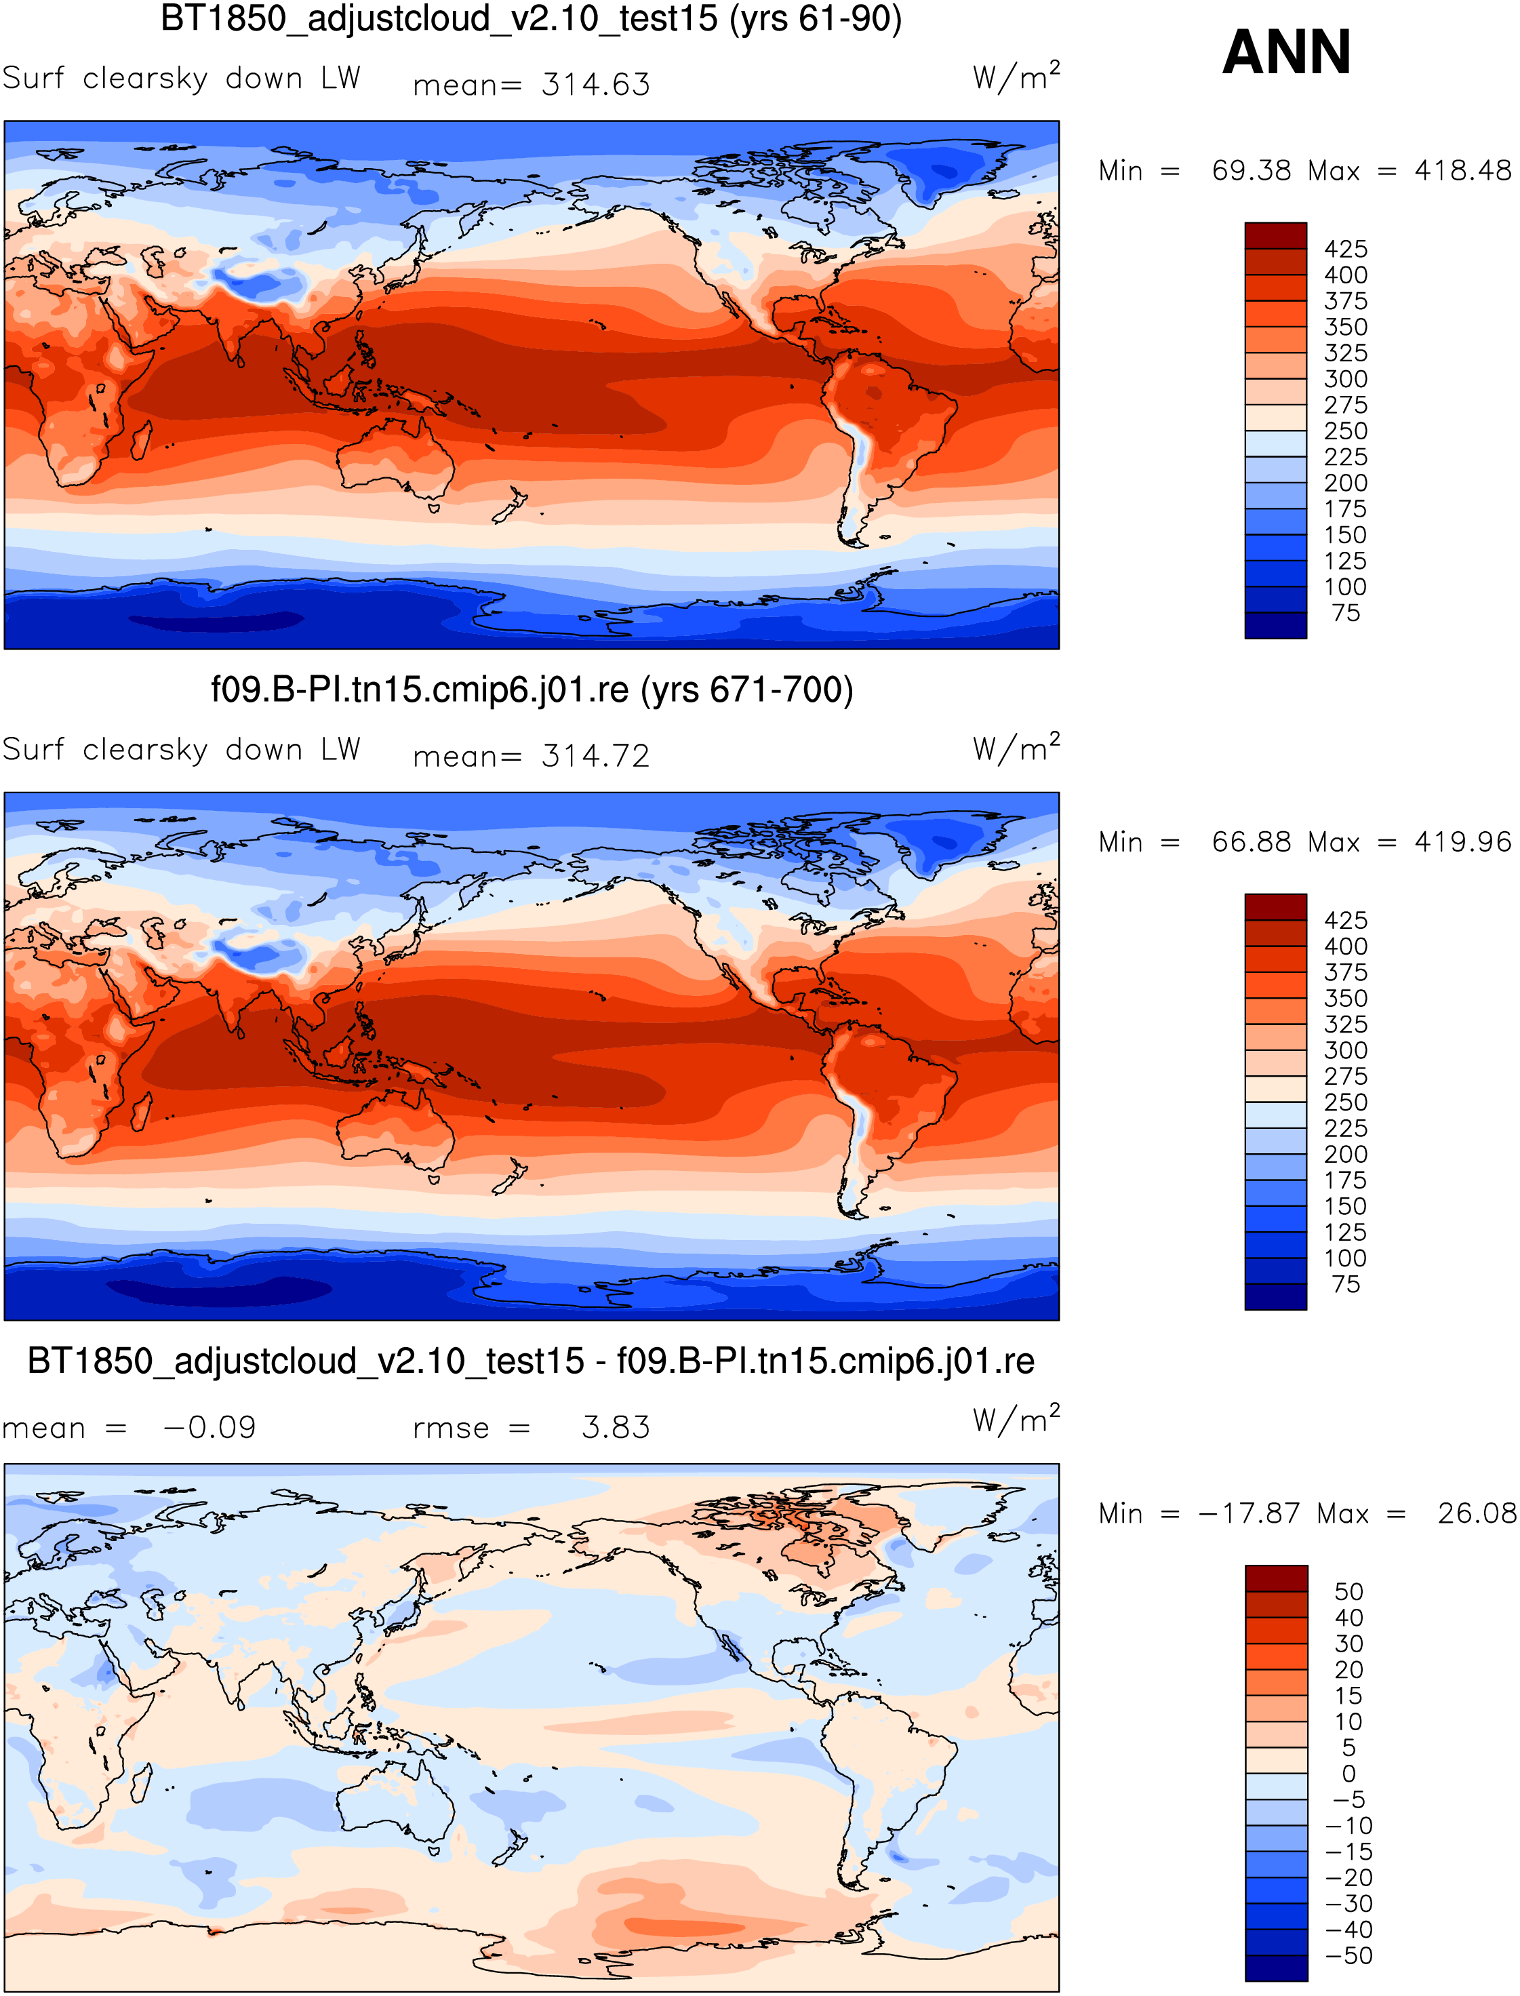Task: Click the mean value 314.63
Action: point(595,84)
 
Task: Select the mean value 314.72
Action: point(595,755)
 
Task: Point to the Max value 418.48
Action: point(1462,170)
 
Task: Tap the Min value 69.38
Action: point(1252,170)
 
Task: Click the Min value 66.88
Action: point(1252,841)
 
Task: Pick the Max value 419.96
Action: point(1462,841)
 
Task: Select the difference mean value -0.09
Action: point(209,1427)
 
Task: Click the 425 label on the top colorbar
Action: point(1345,249)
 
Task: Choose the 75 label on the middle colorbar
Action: point(1345,1284)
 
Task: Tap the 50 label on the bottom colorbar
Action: point(1348,1591)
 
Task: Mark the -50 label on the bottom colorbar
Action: point(1348,1955)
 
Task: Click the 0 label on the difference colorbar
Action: point(1348,1774)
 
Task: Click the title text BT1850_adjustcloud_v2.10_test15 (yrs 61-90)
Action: point(531,20)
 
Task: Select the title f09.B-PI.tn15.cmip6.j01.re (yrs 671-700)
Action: point(532,690)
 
